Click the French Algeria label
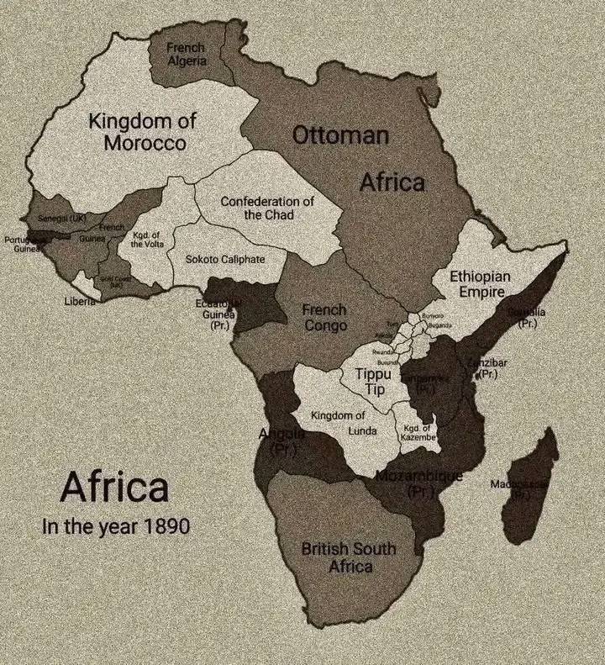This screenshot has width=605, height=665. pos(187,54)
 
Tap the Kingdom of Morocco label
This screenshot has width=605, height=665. pos(143,132)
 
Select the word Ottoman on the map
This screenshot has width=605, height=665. pos(340,135)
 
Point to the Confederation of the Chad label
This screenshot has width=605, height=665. pos(267,208)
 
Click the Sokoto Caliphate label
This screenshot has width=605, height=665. pos(224,259)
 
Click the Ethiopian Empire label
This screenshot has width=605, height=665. pos(480,283)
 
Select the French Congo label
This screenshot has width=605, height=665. pos(324,318)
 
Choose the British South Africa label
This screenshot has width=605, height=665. pos(349,557)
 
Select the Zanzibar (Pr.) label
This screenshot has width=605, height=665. pos(487,368)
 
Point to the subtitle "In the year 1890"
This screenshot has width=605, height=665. pos(116,527)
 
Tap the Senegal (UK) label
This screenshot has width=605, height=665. pos(62,219)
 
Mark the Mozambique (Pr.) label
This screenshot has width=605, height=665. pos(418,483)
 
